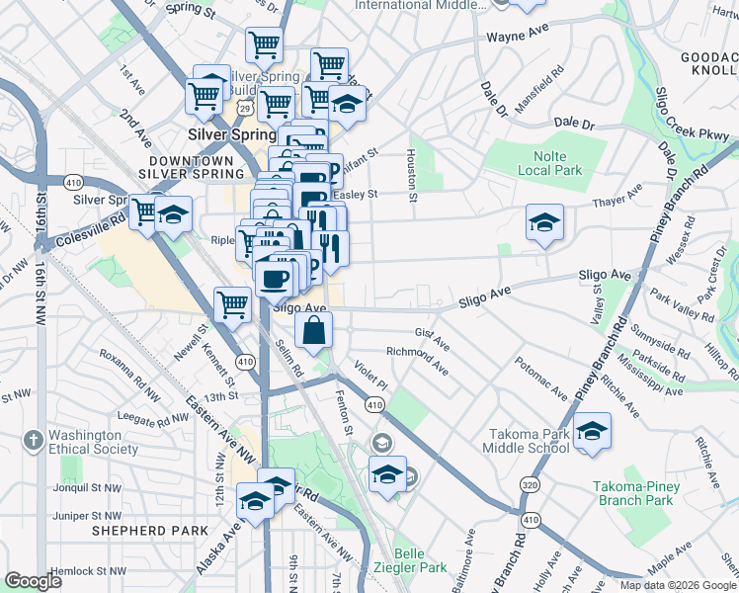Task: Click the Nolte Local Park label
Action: [x=549, y=162]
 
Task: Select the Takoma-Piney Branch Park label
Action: [x=646, y=492]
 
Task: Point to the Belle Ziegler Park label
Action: [x=420, y=560]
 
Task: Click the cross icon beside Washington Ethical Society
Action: [x=33, y=439]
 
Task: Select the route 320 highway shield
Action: [x=530, y=486]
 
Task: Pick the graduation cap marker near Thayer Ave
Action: [x=544, y=223]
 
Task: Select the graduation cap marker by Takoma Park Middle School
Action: [x=592, y=432]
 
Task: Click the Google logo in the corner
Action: [x=35, y=581]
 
